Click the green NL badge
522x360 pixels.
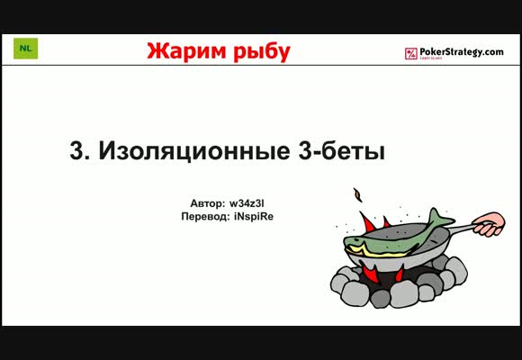click(x=25, y=49)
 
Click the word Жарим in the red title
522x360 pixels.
click(x=187, y=51)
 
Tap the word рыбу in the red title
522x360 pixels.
click(x=262, y=52)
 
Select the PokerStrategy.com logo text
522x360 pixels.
click(x=462, y=52)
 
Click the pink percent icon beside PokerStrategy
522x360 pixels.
click(x=410, y=54)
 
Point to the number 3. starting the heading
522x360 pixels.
click(x=79, y=151)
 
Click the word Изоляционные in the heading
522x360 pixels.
click(x=194, y=151)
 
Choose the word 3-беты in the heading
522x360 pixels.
click(x=342, y=151)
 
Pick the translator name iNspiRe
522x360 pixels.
click(x=254, y=217)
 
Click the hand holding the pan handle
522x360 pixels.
click(x=489, y=225)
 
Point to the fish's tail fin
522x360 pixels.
click(x=440, y=219)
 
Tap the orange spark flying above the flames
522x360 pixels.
click(x=358, y=195)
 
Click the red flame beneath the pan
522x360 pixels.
click(x=371, y=273)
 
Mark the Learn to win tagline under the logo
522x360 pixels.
click(x=426, y=58)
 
